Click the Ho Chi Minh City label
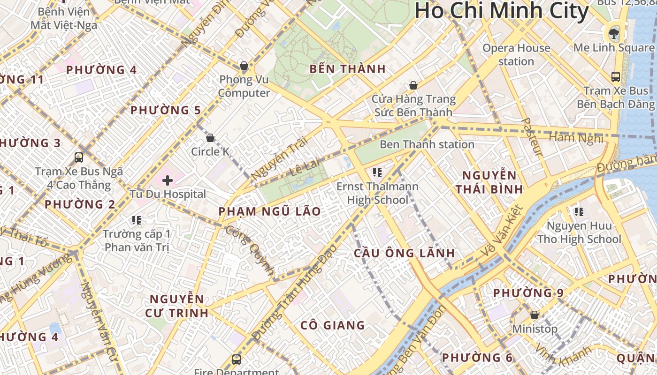501,11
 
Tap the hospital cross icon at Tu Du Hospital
168,180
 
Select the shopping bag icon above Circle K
210,138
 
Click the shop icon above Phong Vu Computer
244,65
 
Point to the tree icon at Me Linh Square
613,33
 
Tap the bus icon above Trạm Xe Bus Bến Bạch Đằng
616,76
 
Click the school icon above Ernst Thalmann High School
377,172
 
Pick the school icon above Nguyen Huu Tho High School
579,212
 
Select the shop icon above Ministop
535,315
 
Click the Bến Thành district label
348,69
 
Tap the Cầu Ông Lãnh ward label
404,253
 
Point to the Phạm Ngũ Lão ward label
270,211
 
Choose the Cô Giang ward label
333,325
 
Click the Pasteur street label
532,137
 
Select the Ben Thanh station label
427,144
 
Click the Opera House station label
516,54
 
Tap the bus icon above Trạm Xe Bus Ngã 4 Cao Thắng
79,157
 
